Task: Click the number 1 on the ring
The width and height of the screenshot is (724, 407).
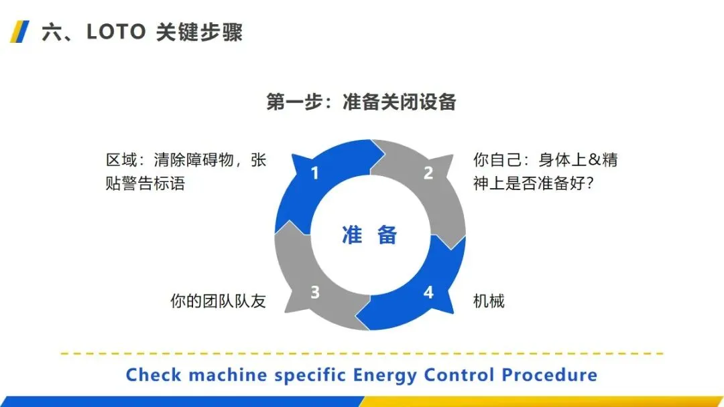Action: pos(314,173)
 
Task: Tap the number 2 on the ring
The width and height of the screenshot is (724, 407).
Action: pos(428,173)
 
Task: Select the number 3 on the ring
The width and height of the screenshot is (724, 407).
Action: pos(314,293)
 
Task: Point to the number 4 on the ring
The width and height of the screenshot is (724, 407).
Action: pos(428,293)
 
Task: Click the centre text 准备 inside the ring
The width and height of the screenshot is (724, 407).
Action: pos(370,235)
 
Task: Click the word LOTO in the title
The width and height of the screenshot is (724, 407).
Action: pos(116,32)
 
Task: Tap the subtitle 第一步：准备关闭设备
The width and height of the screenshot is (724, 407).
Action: pos(361,102)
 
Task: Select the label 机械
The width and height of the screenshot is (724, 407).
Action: pos(489,301)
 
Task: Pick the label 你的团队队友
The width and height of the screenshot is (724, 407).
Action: pos(218,301)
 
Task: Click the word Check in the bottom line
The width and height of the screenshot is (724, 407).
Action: pos(154,374)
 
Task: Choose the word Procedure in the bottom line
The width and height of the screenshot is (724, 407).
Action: pos(549,374)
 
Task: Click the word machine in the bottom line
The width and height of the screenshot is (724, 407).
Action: pos(227,374)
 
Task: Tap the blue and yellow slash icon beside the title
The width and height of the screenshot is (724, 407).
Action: pos(19,31)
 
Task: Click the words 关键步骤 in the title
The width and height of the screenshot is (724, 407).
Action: pos(199,32)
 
